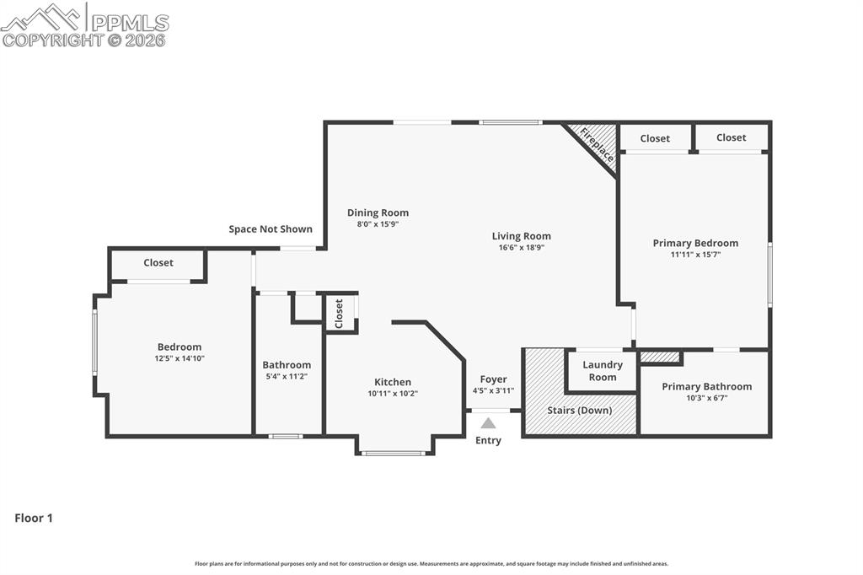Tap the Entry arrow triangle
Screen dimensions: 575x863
point(488,422)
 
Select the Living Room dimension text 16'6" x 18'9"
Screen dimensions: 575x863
point(522,248)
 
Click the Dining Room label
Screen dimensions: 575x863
point(378,212)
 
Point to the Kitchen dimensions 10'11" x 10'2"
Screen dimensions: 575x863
point(393,394)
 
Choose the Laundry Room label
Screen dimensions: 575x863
point(603,371)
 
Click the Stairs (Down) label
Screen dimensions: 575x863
point(579,410)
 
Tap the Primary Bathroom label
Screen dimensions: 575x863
point(706,386)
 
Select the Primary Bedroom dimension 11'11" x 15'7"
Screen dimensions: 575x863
point(695,254)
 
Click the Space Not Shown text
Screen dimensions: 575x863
point(271,229)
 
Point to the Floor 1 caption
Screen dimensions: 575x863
point(34,519)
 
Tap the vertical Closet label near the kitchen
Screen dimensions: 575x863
point(340,314)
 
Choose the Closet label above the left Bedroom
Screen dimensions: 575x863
point(158,263)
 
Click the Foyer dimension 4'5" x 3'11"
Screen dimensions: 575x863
point(494,390)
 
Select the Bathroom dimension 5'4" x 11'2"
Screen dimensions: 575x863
point(287,376)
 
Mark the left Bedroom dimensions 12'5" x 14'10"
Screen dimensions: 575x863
point(180,358)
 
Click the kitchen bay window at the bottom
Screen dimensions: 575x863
point(392,454)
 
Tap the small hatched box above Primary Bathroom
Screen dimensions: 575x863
point(660,357)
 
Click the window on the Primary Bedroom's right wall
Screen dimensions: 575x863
point(769,274)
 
